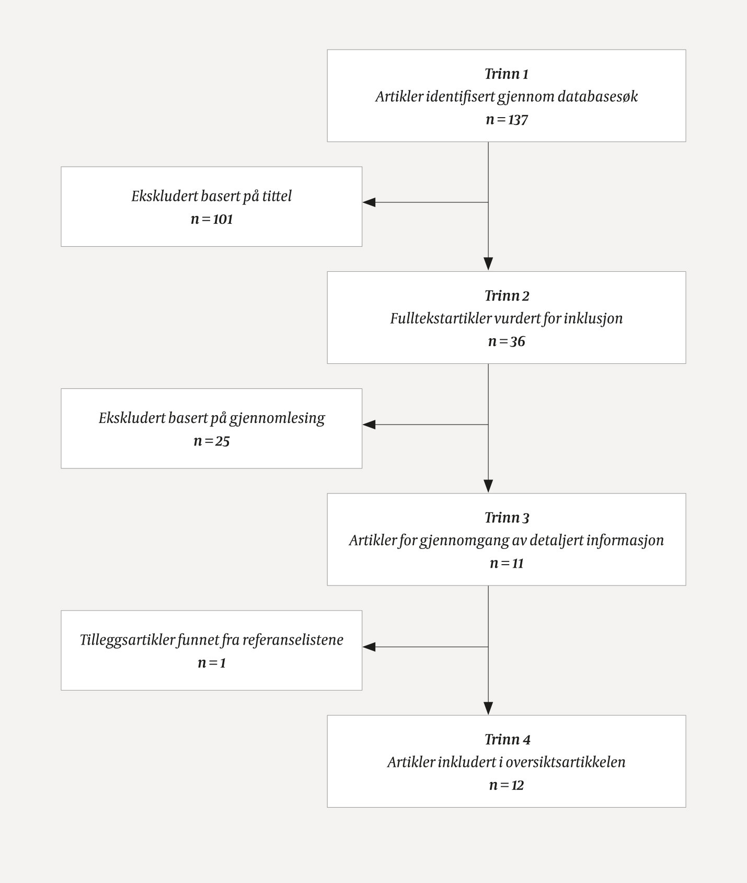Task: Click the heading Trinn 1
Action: click(x=506, y=74)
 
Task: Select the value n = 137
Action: click(x=506, y=120)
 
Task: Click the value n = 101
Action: click(x=211, y=219)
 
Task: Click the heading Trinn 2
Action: click(x=506, y=295)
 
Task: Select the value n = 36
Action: click(x=506, y=341)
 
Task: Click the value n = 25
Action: click(x=211, y=441)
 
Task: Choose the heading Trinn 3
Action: click(x=506, y=518)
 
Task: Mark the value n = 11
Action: click(x=506, y=564)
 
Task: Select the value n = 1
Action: click(x=211, y=663)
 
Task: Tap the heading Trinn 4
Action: click(x=506, y=739)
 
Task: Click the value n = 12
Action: click(x=506, y=785)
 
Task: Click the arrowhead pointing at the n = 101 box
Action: click(x=369, y=202)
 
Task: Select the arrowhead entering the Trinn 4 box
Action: click(x=488, y=708)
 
